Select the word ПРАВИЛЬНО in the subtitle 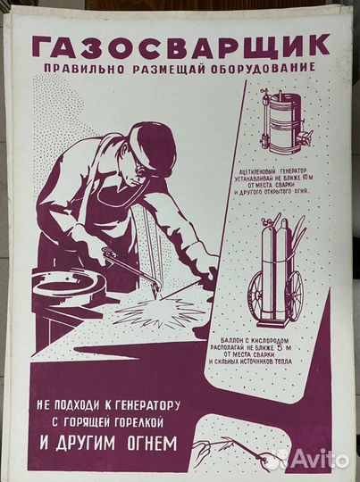coord(86,69)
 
